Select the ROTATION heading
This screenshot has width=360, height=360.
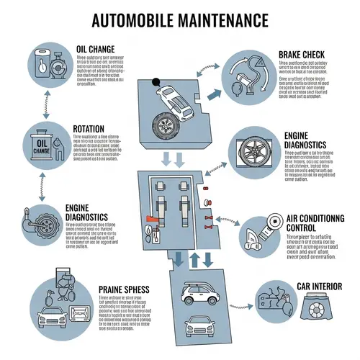(x=89, y=130)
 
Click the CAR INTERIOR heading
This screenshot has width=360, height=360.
(x=317, y=287)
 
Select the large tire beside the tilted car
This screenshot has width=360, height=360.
(x=166, y=129)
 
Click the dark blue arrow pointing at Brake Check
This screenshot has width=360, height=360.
(x=215, y=92)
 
